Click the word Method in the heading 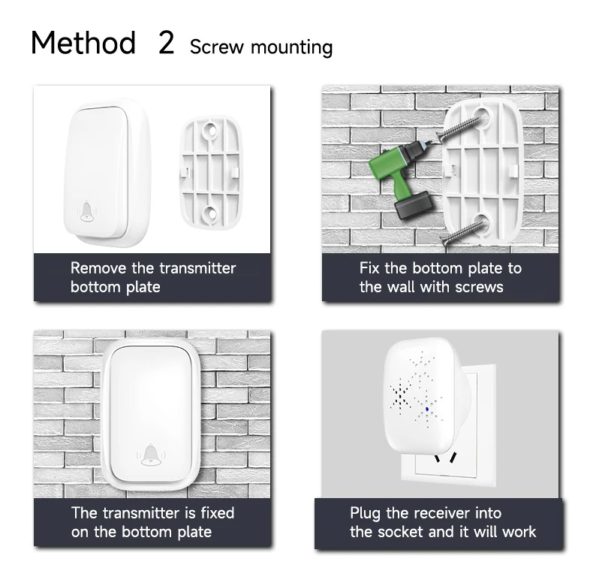[x=83, y=42]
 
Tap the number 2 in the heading [x=166, y=42]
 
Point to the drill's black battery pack [x=414, y=205]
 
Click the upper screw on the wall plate [x=459, y=128]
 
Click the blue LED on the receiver [x=427, y=409]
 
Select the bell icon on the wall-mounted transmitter [x=151, y=455]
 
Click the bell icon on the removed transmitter [x=87, y=211]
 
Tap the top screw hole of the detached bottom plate [x=209, y=130]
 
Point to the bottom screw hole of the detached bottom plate [x=209, y=213]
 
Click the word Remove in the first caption [x=98, y=268]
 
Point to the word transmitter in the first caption [x=197, y=268]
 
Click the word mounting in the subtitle [x=291, y=48]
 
